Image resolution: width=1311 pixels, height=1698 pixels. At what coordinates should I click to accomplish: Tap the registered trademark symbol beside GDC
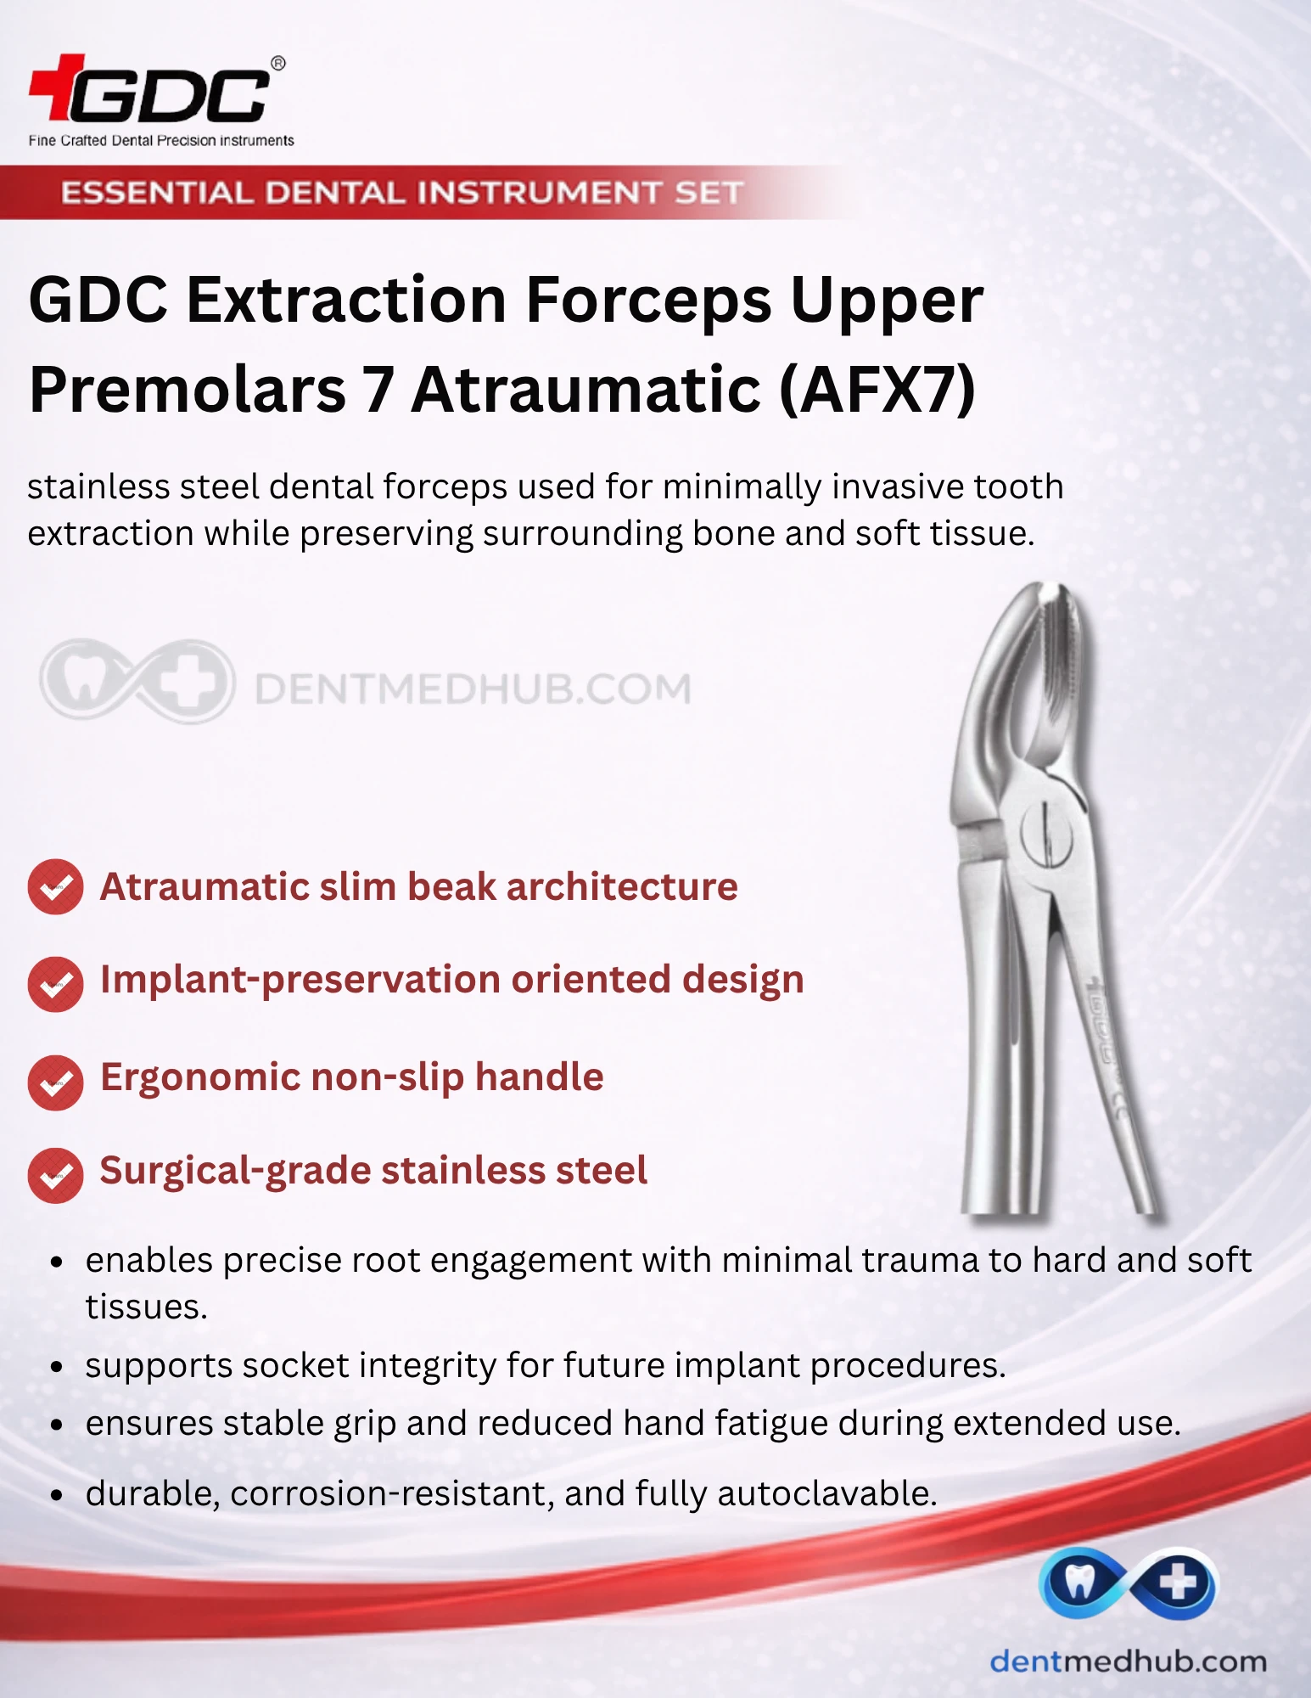coord(277,64)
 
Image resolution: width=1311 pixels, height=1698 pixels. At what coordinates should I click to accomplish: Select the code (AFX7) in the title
coord(877,390)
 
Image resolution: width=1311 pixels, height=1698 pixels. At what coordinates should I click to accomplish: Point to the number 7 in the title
coord(378,390)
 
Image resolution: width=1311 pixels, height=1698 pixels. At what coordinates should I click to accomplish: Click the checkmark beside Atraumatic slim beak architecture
coord(55,887)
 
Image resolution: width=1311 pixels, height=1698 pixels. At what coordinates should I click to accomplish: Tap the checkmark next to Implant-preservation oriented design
coord(55,984)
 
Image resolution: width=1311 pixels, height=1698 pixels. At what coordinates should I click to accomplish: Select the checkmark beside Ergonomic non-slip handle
coord(55,1082)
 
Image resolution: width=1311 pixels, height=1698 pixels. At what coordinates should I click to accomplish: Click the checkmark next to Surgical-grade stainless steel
coord(55,1176)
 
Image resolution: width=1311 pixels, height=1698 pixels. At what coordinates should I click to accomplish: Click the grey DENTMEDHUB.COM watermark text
coord(473,689)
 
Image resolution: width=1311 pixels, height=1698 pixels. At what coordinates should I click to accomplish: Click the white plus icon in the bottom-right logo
coord(1178,1583)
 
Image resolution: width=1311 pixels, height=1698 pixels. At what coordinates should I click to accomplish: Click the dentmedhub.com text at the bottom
coord(1129,1661)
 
